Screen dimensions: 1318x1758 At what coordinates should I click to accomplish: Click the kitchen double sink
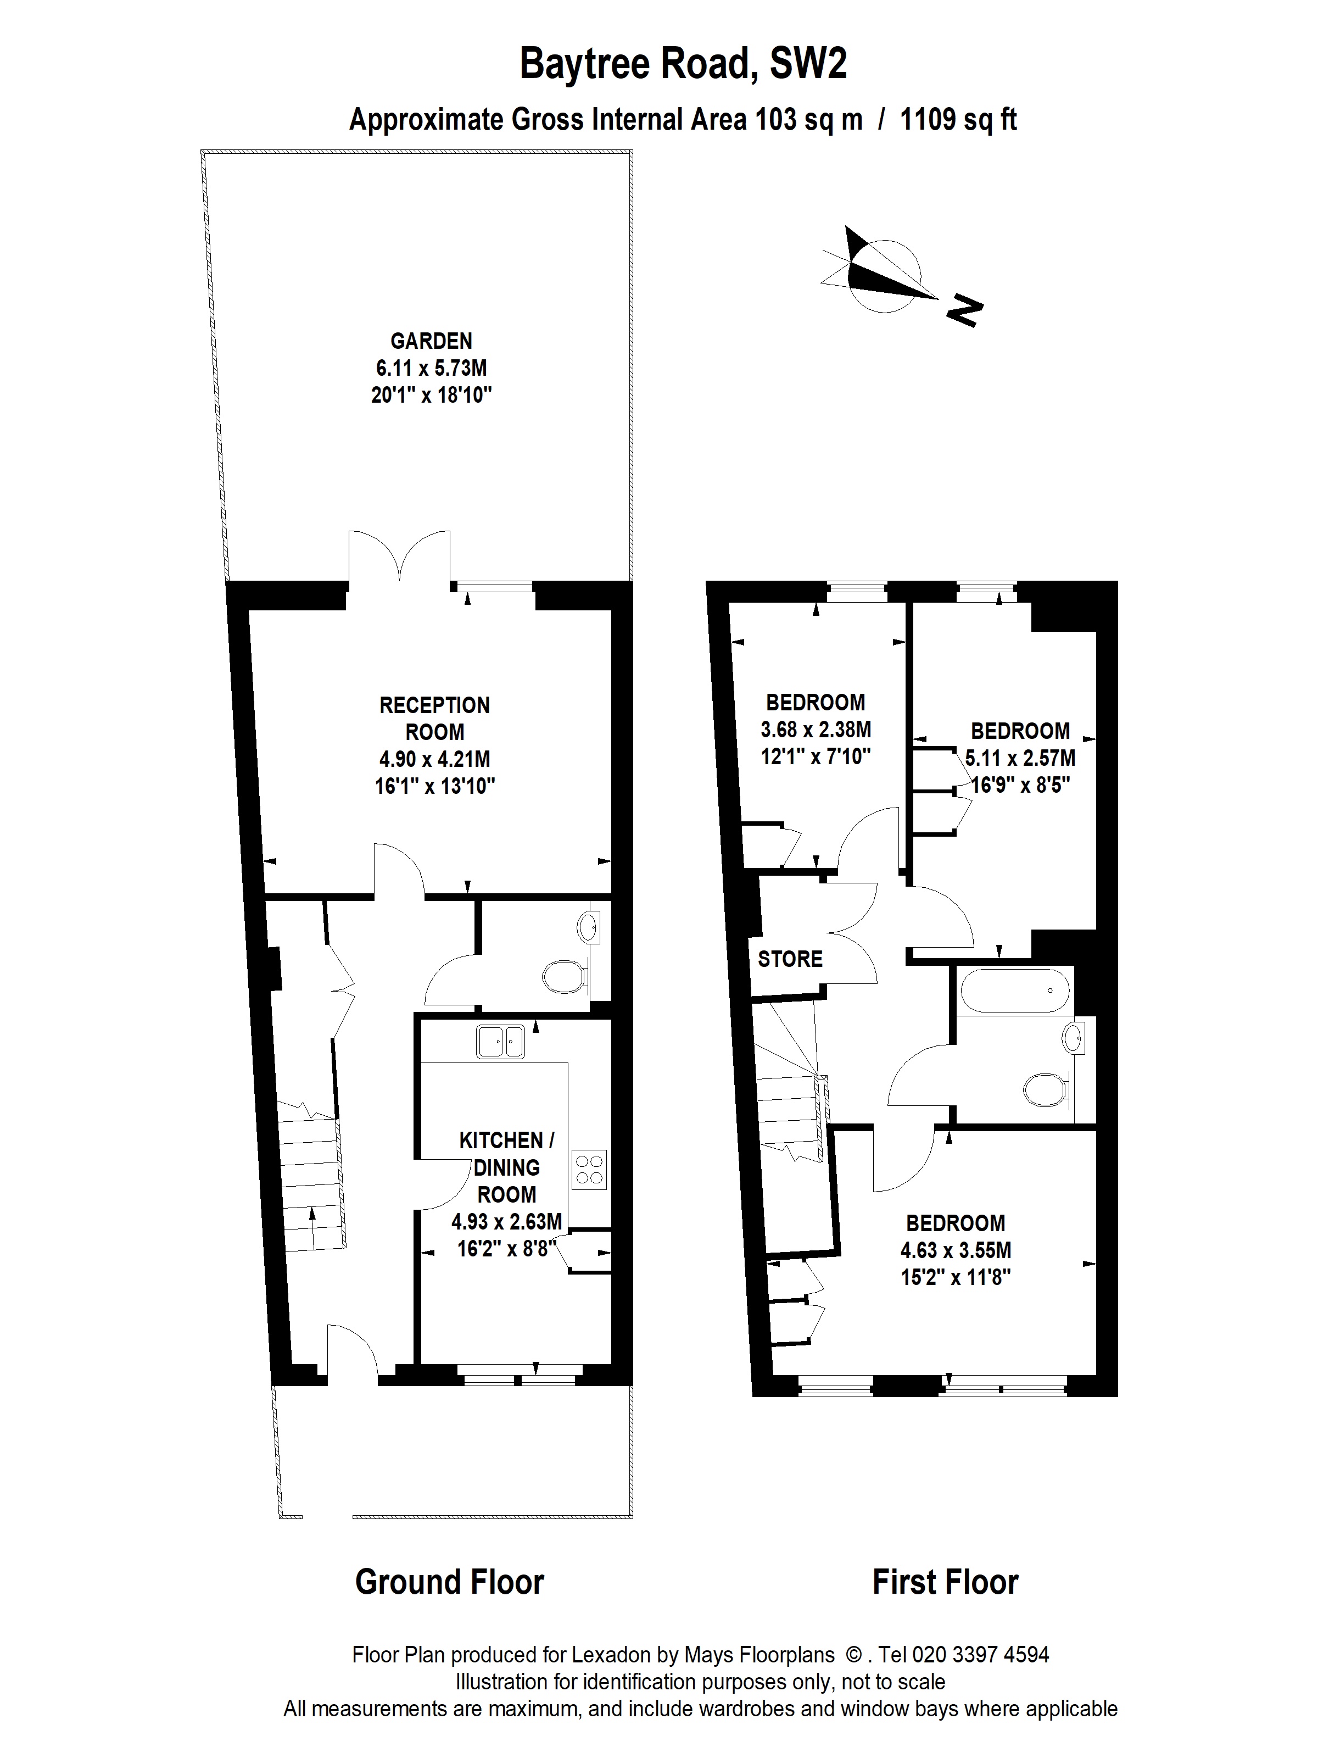pyautogui.click(x=500, y=1042)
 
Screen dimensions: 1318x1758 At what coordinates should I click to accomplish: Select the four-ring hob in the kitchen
pyautogui.click(x=589, y=1170)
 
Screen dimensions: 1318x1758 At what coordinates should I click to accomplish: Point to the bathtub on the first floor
pyautogui.click(x=1015, y=991)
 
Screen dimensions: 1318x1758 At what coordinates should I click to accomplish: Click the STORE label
pyautogui.click(x=790, y=959)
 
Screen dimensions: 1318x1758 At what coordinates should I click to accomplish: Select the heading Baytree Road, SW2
pyautogui.click(x=683, y=64)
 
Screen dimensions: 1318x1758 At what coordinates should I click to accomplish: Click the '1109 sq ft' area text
pyautogui.click(x=958, y=119)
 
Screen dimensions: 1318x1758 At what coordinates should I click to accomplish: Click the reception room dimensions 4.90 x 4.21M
pyautogui.click(x=434, y=759)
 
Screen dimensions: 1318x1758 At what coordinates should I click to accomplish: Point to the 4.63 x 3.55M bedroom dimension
pyautogui.click(x=956, y=1250)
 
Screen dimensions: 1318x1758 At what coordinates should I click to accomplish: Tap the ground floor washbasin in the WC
pyautogui.click(x=588, y=926)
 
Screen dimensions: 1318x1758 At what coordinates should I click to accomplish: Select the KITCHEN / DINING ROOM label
pyautogui.click(x=507, y=1167)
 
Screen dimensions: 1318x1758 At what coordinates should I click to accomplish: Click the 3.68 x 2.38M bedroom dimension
pyautogui.click(x=816, y=729)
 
